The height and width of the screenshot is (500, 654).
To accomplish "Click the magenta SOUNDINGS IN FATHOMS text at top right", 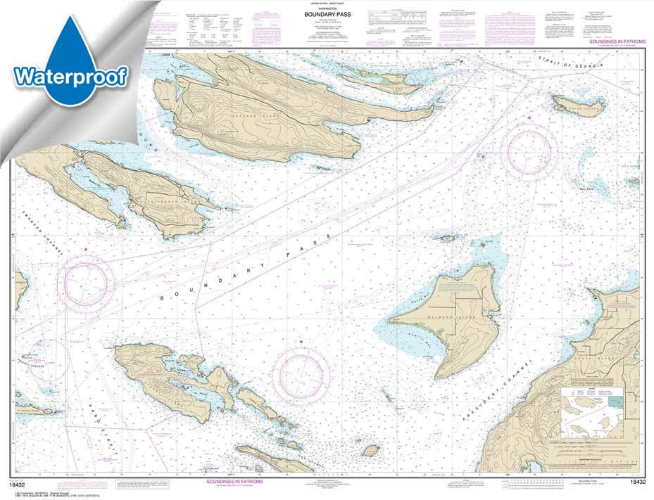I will (x=612, y=43).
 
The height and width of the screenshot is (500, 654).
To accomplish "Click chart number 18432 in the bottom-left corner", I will (x=22, y=482).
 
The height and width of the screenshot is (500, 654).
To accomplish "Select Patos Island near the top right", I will (x=579, y=105).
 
